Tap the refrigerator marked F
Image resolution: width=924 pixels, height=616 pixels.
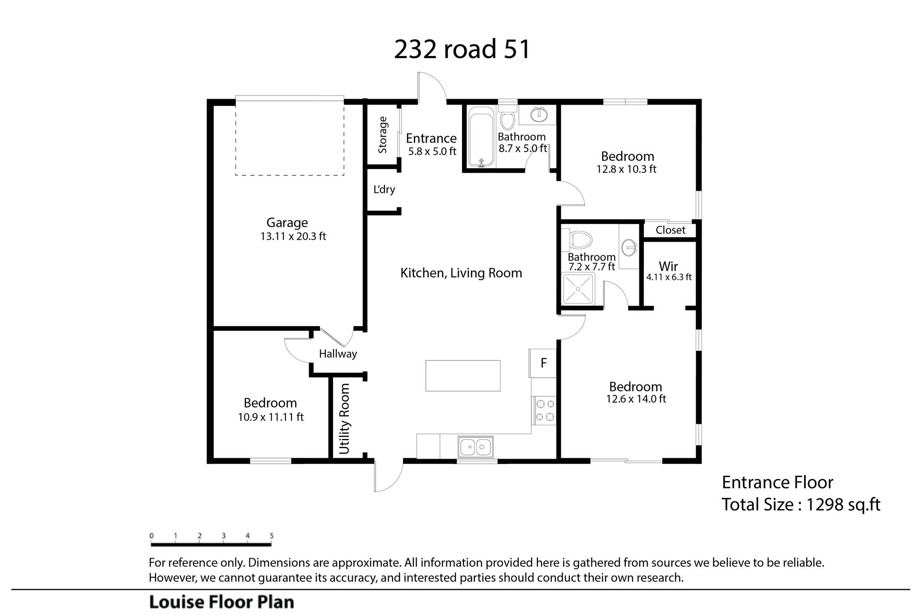(543, 363)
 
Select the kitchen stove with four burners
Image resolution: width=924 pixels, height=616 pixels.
(545, 410)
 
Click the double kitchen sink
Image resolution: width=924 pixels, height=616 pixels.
(476, 447)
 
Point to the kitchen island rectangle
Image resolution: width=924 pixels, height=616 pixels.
(463, 376)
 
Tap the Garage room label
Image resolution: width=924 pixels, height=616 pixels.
(287, 222)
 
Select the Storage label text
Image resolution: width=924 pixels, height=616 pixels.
(383, 135)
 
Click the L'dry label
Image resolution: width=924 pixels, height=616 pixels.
(384, 189)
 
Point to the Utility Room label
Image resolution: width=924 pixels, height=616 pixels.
(345, 419)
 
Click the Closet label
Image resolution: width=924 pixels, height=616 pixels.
(670, 230)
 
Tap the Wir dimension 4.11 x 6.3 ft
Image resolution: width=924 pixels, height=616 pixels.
(669, 277)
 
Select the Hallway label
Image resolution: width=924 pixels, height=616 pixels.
(338, 354)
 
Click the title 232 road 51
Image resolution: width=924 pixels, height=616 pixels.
(462, 49)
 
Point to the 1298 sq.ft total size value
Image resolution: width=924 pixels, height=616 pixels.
(843, 504)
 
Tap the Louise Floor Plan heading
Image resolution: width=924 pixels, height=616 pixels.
(222, 602)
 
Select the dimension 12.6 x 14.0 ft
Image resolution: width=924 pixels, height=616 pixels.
(636, 399)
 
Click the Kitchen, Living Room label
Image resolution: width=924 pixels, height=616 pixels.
(461, 273)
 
